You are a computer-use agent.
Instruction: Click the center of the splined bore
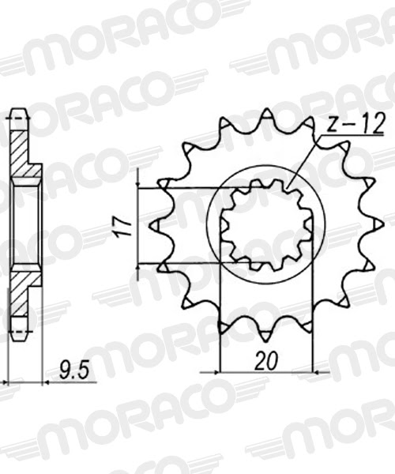pos(265,225)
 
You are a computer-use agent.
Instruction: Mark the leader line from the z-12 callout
pos(304,162)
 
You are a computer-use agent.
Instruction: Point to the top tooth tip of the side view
pos(16,115)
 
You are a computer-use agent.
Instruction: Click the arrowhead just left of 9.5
pos(47,382)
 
